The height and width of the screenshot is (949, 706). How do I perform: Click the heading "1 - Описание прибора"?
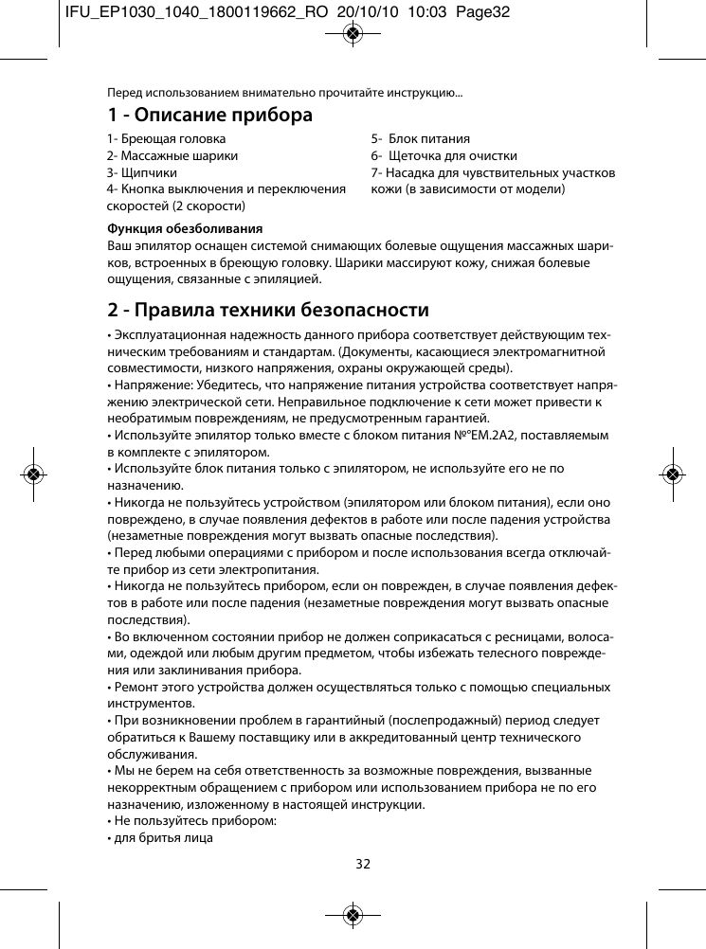209,116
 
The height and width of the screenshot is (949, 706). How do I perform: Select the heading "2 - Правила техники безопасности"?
268,310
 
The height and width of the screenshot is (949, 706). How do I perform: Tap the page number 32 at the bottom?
363,863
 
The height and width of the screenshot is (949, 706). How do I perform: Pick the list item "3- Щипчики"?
141,172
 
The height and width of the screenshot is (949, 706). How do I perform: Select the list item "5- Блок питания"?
420,138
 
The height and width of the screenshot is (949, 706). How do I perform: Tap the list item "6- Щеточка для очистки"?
444,155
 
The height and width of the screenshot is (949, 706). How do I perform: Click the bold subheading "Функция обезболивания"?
185,228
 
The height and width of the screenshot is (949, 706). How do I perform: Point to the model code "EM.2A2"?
583,435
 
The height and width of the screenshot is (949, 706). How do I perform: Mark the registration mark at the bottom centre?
353,915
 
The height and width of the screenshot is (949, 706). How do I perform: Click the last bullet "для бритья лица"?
162,837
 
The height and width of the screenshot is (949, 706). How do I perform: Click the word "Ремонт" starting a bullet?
134,687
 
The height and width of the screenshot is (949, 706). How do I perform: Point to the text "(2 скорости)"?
209,206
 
